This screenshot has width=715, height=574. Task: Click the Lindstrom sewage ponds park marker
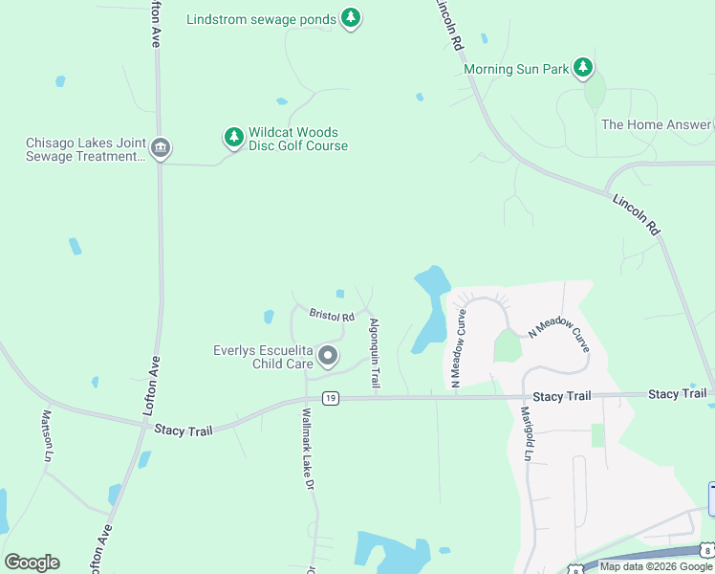[x=351, y=17]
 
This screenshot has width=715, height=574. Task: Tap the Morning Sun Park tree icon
[x=582, y=68]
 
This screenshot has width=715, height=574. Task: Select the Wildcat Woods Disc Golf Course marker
[x=233, y=137]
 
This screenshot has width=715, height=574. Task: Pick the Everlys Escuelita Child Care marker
[x=328, y=357]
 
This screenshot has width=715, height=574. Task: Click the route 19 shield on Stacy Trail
[x=330, y=398]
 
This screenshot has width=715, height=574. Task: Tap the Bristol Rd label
[x=332, y=315]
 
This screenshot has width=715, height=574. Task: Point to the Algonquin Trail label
[x=375, y=353]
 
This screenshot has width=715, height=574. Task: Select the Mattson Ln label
[x=45, y=435]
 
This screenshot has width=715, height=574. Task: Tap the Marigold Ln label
[x=527, y=434]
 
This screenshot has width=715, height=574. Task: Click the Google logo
[x=32, y=563]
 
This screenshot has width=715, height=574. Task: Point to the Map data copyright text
[x=656, y=566]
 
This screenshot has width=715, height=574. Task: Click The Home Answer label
[x=655, y=124]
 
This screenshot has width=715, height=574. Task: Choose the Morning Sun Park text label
[x=515, y=69]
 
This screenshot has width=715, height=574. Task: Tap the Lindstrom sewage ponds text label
[x=261, y=18]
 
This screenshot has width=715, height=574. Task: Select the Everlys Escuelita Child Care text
[x=263, y=357]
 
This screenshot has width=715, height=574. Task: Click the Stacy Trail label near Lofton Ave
[x=183, y=430]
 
